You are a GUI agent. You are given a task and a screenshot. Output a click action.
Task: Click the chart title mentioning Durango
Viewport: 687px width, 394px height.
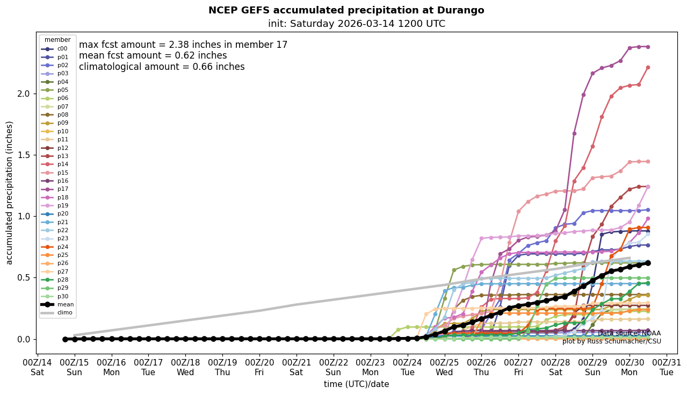[346, 10]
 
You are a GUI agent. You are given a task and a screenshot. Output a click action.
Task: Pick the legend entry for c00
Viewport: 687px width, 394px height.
[62, 49]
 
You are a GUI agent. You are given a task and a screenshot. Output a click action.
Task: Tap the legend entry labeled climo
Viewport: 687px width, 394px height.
[65, 313]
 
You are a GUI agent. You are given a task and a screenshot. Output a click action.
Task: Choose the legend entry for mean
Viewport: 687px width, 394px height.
[65, 304]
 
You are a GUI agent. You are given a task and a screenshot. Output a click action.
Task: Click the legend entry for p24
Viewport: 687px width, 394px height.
[63, 247]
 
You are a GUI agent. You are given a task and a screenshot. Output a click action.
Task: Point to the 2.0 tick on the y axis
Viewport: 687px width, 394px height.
[24, 94]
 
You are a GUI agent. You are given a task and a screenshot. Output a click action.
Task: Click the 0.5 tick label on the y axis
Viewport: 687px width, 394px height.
[24, 278]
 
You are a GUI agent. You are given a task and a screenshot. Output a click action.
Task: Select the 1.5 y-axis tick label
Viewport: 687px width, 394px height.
[24, 155]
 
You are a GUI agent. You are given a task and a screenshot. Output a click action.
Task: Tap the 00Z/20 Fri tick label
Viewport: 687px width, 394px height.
[259, 368]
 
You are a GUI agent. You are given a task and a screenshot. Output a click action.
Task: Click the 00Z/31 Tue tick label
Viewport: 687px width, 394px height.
[667, 368]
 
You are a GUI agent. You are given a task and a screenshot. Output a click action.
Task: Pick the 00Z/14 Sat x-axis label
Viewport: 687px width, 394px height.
[38, 368]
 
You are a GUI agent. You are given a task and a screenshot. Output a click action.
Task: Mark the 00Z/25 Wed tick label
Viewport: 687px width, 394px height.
[445, 368]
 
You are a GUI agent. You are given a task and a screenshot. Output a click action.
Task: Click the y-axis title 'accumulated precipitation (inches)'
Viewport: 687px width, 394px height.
[9, 192]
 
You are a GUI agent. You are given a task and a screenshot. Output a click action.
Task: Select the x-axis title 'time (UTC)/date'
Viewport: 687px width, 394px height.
[356, 384]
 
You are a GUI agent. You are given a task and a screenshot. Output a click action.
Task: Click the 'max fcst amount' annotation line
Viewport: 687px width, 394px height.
[183, 45]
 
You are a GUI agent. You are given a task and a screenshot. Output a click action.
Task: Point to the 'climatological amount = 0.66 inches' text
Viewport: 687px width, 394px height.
[162, 67]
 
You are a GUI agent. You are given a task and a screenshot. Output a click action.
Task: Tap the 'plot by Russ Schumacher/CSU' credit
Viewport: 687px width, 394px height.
[611, 341]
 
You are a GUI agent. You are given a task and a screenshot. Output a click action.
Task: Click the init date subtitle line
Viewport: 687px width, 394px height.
[356, 24]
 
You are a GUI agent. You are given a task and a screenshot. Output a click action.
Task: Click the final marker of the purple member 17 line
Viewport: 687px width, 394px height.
[648, 47]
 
